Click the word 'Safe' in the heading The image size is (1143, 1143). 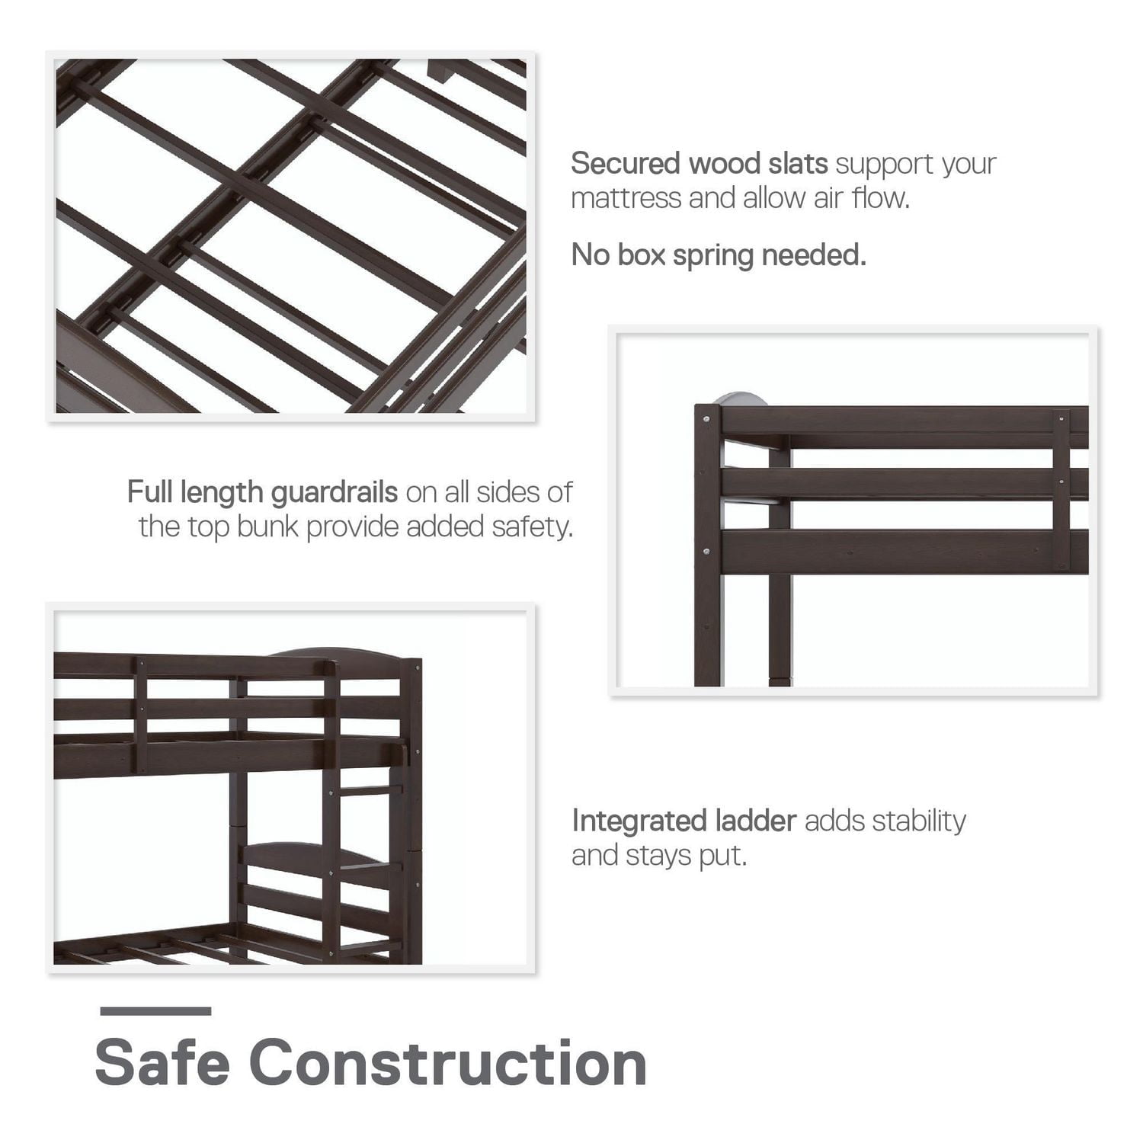point(162,1062)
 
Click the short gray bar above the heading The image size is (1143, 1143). point(155,1011)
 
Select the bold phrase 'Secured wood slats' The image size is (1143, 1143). point(699,164)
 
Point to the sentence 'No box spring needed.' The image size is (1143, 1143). point(719,255)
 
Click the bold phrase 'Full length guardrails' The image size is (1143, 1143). point(262,492)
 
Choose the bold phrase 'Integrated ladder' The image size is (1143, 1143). point(684,821)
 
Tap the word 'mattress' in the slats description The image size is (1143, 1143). point(626,198)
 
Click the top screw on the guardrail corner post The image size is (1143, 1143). point(708,418)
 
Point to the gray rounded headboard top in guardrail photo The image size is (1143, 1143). point(740,399)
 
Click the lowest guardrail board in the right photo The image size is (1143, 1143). point(884,552)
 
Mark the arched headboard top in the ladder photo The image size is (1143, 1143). point(335,653)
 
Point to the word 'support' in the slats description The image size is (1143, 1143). point(884,164)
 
